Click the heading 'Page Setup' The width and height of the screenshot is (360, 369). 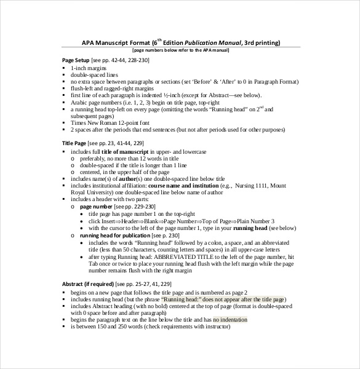tap(76, 60)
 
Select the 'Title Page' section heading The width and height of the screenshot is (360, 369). tap(74, 143)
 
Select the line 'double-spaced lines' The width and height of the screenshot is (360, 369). tap(97, 74)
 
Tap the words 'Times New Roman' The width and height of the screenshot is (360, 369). tap(95, 122)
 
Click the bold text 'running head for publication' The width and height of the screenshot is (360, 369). tap(115, 235)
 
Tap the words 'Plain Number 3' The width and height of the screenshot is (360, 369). tap(254, 221)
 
